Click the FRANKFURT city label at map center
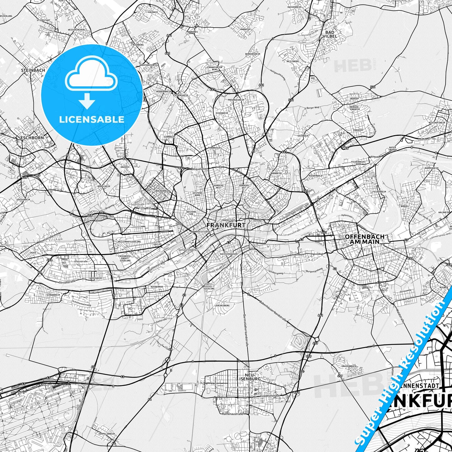click(226, 225)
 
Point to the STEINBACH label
click(33, 70)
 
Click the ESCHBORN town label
click(32, 138)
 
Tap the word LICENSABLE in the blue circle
click(92, 119)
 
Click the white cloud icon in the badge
click(91, 76)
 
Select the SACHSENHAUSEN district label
click(229, 254)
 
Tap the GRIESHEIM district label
click(96, 278)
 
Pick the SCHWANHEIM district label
click(53, 295)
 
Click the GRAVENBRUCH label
click(349, 366)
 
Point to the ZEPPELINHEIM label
click(106, 434)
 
